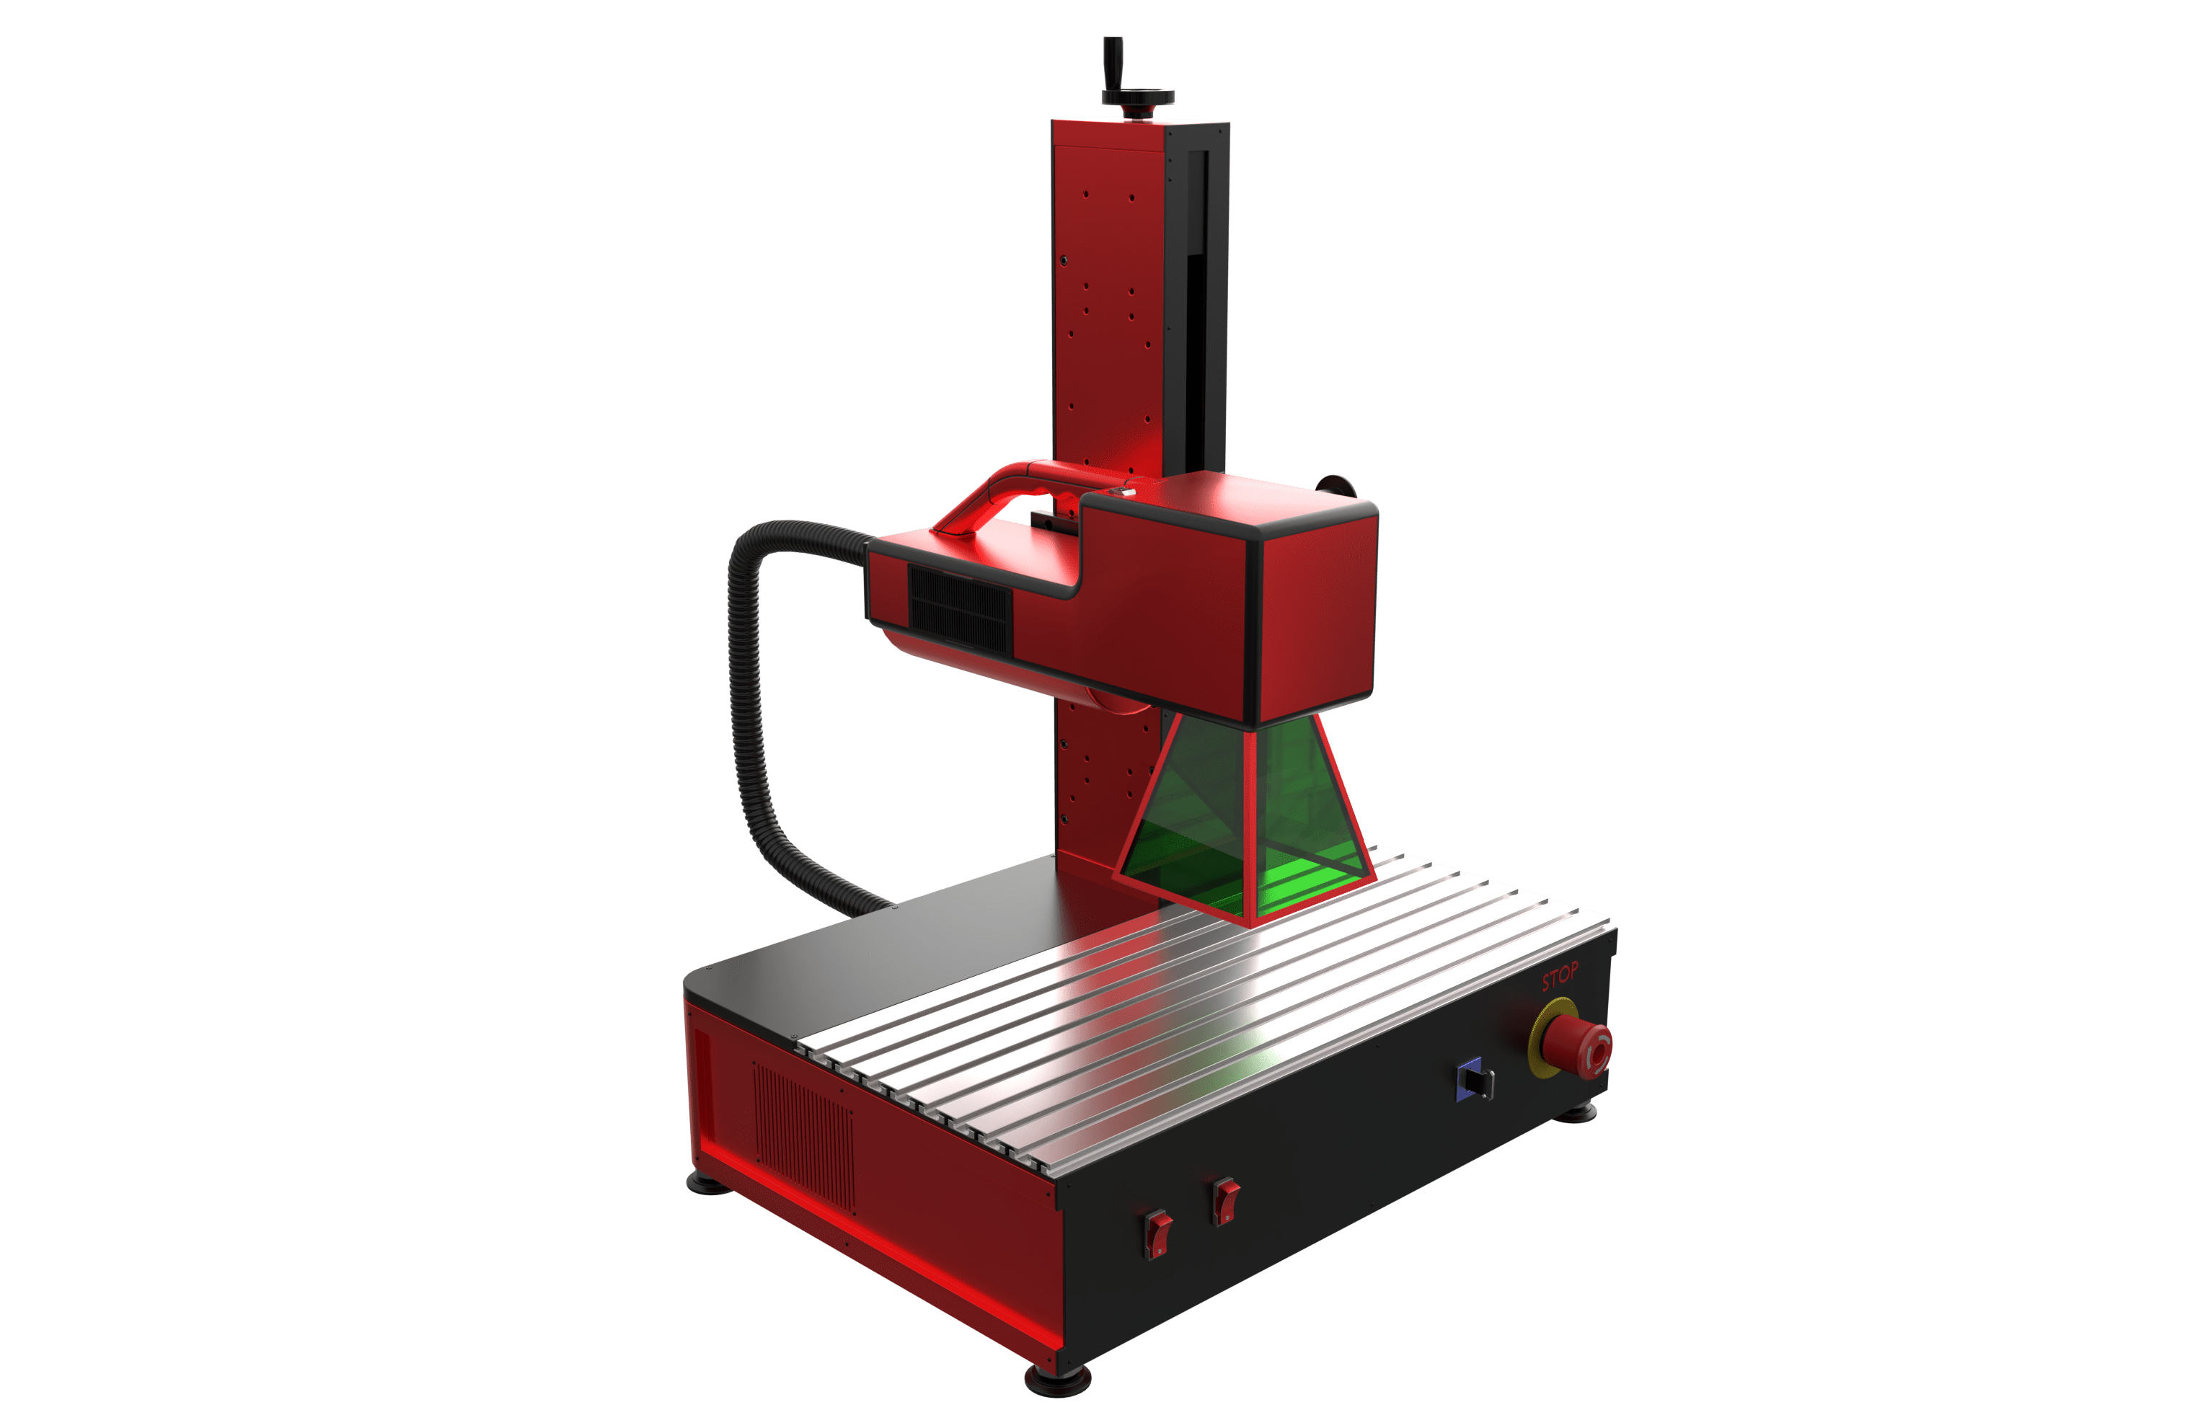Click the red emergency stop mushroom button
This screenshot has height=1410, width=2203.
[x=1576, y=1045]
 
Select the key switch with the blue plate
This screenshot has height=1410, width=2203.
[x=1473, y=1079]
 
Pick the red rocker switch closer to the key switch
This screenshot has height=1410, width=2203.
[x=1226, y=1200]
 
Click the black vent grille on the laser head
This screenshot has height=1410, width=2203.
[x=960, y=607]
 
